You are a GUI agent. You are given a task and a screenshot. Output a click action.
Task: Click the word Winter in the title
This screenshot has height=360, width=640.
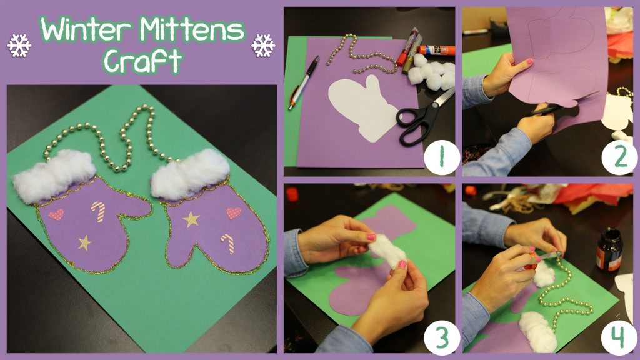coord(86,30)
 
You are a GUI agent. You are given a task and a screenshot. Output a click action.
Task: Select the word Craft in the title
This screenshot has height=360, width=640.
coord(142,61)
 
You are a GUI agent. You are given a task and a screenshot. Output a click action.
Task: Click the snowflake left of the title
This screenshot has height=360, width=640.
coord(19,46)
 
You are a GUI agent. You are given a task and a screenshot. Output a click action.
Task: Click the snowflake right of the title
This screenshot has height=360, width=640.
coord(263,46)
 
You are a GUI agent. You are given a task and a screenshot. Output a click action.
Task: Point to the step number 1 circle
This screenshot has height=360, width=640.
coord(441,156)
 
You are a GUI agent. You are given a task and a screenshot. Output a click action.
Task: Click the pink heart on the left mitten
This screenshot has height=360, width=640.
coord(56,214)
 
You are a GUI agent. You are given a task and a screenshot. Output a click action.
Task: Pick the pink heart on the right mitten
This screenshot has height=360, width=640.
coord(234,213)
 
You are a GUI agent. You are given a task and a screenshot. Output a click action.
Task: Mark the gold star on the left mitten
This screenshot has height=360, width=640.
coord(84,242)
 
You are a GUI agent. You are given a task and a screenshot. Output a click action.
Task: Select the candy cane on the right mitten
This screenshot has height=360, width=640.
coord(228,243)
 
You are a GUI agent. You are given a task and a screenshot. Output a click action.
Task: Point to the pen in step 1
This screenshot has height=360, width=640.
coord(304,82)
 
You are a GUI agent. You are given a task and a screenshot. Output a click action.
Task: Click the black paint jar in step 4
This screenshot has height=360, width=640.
coord(609,249)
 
